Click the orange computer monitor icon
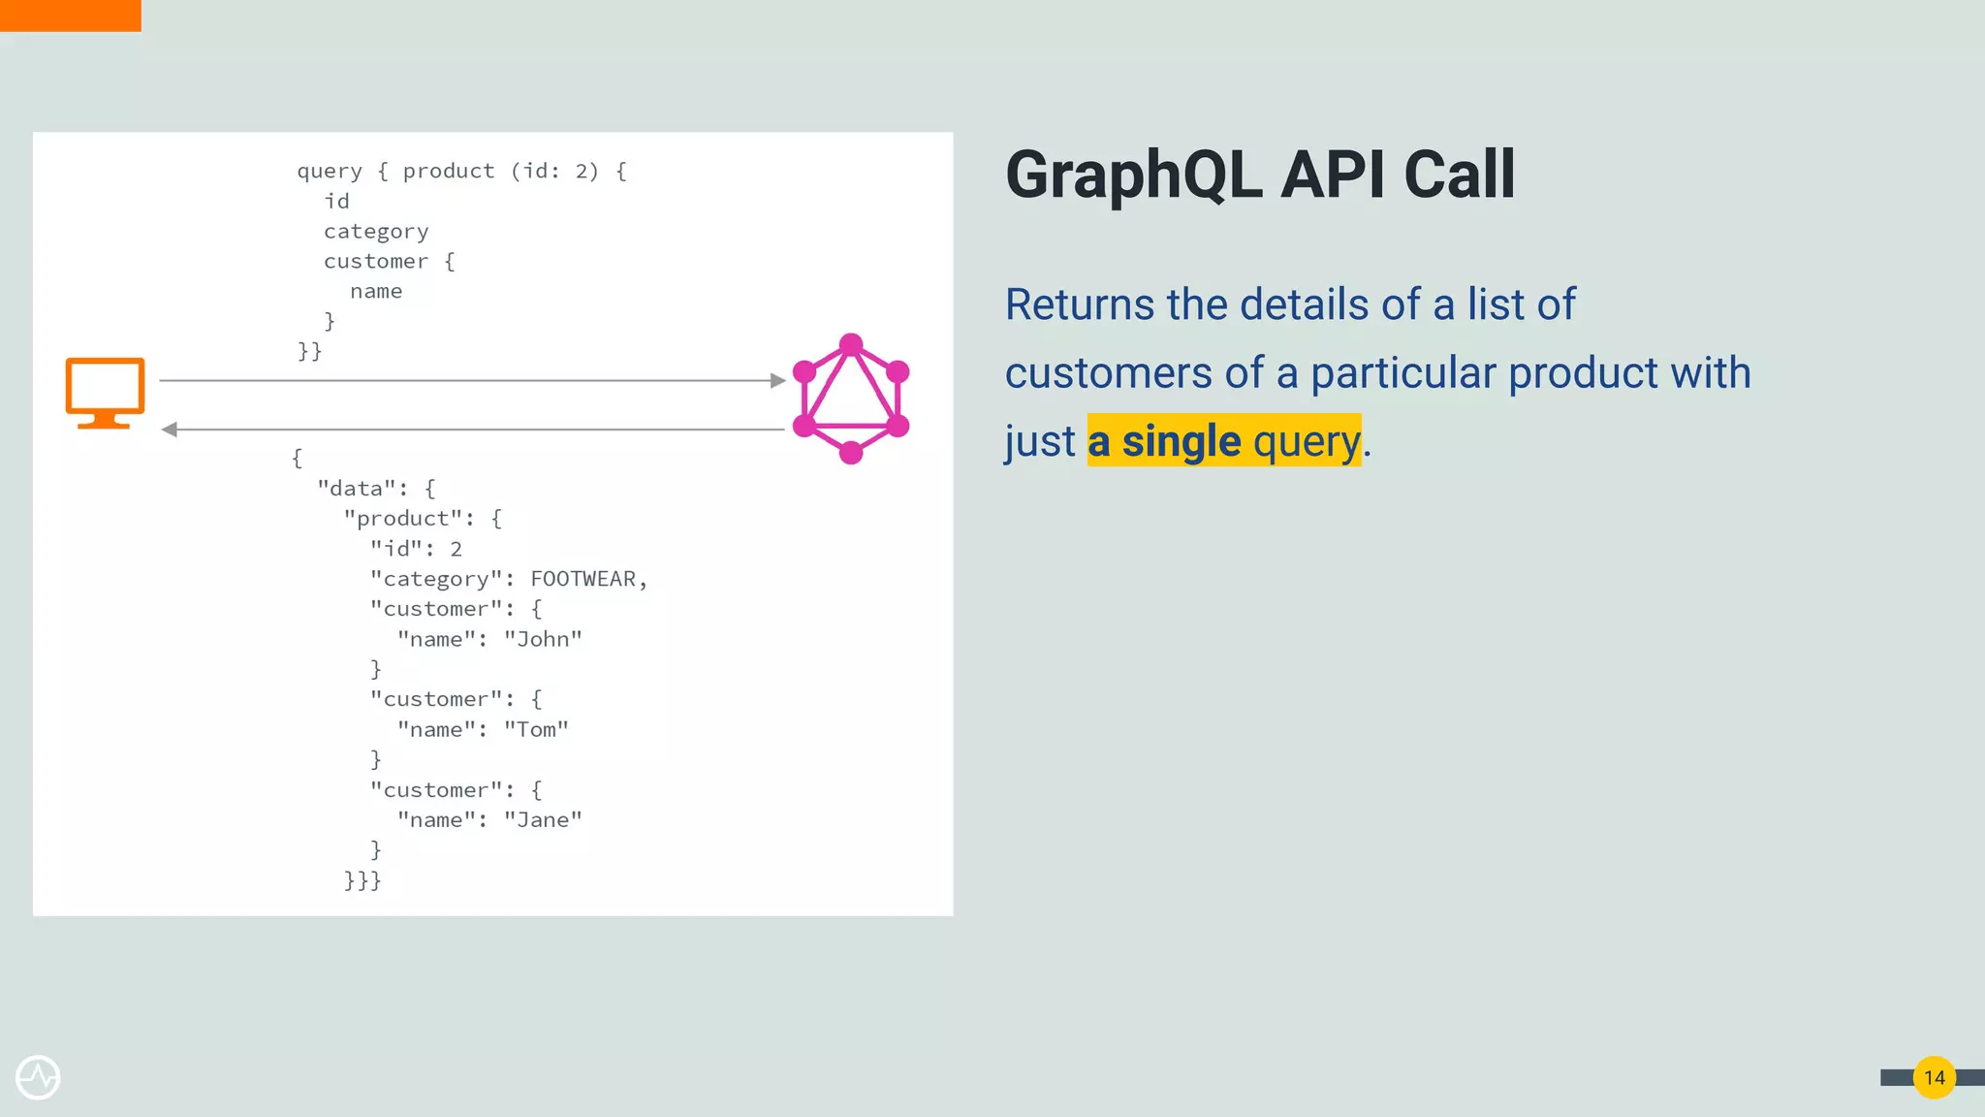pos(105,391)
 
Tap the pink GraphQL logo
pos(850,399)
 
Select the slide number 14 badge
pos(1934,1077)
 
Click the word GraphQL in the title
pos(1133,176)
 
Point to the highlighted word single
pos(1181,441)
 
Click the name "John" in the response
pos(543,639)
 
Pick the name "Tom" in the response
pos(536,729)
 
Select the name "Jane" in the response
pos(543,820)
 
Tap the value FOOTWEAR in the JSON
pos(583,579)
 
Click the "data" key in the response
pos(357,489)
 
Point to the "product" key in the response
pos(402,519)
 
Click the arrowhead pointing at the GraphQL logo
pos(777,380)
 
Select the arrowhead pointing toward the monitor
pos(170,429)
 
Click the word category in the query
pos(376,232)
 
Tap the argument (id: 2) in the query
pos(554,172)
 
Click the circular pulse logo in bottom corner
pos(38,1077)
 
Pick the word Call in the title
pos(1459,176)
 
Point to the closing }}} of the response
pos(362,880)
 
